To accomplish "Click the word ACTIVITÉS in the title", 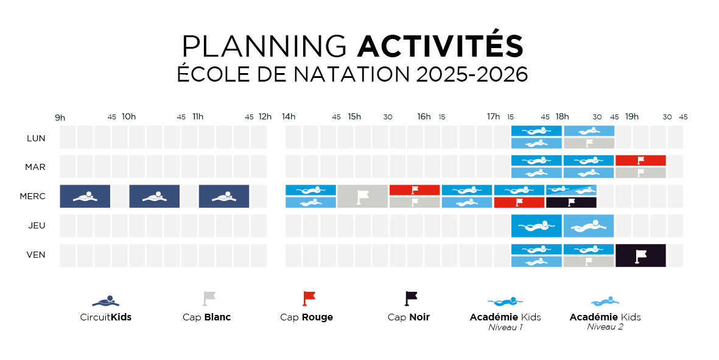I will [440, 46].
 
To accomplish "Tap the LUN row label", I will [36, 138].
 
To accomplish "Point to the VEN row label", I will [36, 255].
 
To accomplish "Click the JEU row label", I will [36, 225].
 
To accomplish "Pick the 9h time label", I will [60, 116].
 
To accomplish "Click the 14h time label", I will [289, 116].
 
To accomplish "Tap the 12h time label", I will [265, 116].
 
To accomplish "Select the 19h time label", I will [632, 116].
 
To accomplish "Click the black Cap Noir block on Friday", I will [640, 255].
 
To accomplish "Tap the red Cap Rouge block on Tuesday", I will [640, 160].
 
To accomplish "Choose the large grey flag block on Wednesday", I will [362, 196].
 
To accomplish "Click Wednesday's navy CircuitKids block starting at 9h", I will [85, 196].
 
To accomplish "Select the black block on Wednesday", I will [571, 202].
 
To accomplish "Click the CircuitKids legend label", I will [106, 317].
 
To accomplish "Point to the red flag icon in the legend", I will [309, 298].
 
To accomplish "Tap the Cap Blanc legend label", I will [207, 317].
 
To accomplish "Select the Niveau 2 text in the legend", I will [605, 327].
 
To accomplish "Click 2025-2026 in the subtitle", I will [472, 74].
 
